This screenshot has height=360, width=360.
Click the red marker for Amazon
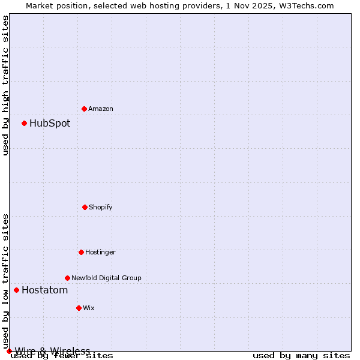pyautogui.click(x=84, y=109)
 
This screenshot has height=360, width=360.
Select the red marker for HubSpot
pyautogui.click(x=24, y=124)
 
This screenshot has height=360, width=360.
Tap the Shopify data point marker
pyautogui.click(x=85, y=207)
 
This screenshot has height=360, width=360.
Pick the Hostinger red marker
pyautogui.click(x=81, y=252)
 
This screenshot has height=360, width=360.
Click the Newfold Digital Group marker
pyautogui.click(x=67, y=278)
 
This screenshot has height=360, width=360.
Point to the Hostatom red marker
pyautogui.click(x=16, y=290)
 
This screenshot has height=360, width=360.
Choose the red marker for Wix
pyautogui.click(x=79, y=308)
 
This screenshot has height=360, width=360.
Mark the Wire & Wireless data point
pyautogui.click(x=9, y=351)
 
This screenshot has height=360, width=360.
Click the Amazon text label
pyautogui.click(x=101, y=109)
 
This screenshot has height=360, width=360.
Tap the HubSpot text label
pyautogui.click(x=50, y=124)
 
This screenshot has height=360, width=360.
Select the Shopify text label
pyautogui.click(x=101, y=207)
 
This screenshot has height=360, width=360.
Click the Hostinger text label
pyautogui.click(x=100, y=252)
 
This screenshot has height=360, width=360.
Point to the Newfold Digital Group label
pyautogui.click(x=106, y=278)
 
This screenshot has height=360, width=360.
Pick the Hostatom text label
pyautogui.click(x=45, y=290)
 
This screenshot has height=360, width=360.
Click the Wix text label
pyautogui.click(x=89, y=308)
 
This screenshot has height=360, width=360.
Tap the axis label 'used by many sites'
pyautogui.click(x=301, y=356)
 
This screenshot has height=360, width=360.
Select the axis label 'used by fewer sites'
pyautogui.click(x=62, y=356)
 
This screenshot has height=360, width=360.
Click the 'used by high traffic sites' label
pyautogui.click(x=5, y=85)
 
